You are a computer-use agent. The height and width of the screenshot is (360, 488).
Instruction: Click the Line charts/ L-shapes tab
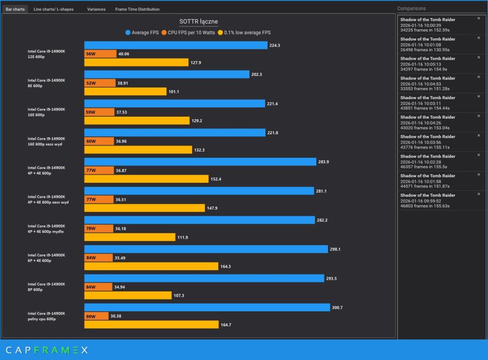54,9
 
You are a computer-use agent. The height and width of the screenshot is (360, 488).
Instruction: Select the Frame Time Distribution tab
137,9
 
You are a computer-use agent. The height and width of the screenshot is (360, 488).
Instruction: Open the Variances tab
96,9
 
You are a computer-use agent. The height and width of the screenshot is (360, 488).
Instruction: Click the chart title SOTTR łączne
198,21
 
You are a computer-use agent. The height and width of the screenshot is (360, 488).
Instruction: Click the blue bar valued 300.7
207,307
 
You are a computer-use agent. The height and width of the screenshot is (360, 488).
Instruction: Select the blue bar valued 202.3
166,74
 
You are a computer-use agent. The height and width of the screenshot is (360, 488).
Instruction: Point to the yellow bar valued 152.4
146,179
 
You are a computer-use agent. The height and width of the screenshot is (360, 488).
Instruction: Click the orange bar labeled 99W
97,316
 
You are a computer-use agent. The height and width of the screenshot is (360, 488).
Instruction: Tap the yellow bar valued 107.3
128,296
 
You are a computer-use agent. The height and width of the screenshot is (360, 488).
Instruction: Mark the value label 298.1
335,249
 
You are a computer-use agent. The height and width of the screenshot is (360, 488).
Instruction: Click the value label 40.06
124,54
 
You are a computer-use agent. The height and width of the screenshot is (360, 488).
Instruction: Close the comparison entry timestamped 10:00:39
478,18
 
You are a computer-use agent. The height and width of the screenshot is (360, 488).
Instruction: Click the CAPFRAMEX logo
47,350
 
